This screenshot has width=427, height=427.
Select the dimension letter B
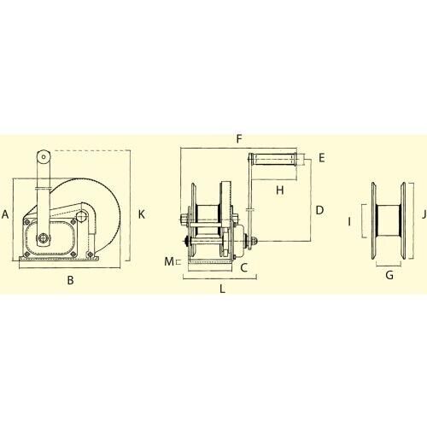[71, 279]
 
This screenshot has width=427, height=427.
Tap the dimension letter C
[244, 267]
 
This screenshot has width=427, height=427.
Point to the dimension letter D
[318, 210]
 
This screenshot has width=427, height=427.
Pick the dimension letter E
[321, 158]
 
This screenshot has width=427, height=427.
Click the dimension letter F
[240, 137]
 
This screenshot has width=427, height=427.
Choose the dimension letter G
[389, 275]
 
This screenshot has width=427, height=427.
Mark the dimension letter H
[279, 190]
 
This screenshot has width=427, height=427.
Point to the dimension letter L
[222, 289]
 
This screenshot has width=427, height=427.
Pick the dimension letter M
[169, 260]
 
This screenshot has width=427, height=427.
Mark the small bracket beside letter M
[178, 262]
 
